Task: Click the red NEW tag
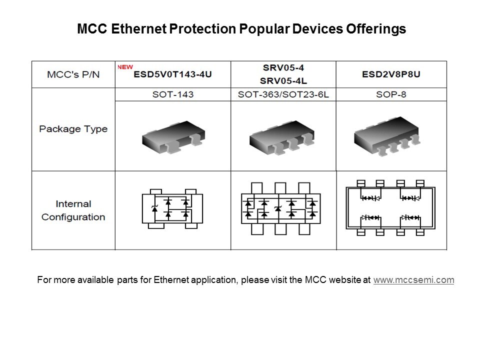coord(125,67)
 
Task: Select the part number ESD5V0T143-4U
coord(172,74)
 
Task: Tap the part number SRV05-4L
coord(283,81)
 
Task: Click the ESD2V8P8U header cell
coord(391,74)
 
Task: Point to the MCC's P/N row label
coord(73,74)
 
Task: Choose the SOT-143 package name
coord(173,94)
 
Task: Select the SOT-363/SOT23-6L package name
coord(283,94)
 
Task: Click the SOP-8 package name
coord(391,94)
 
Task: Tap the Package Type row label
coord(73,129)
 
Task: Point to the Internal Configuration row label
coord(73,210)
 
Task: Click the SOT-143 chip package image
coord(173,137)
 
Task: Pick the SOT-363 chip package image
coord(282,137)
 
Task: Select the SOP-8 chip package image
coord(387,136)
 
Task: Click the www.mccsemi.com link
coord(413,280)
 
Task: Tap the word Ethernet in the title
coord(138,29)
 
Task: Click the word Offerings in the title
coord(376,29)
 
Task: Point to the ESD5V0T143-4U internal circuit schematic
coord(172,209)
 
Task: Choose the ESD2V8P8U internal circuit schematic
coord(390,208)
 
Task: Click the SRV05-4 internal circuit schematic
coord(280,209)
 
